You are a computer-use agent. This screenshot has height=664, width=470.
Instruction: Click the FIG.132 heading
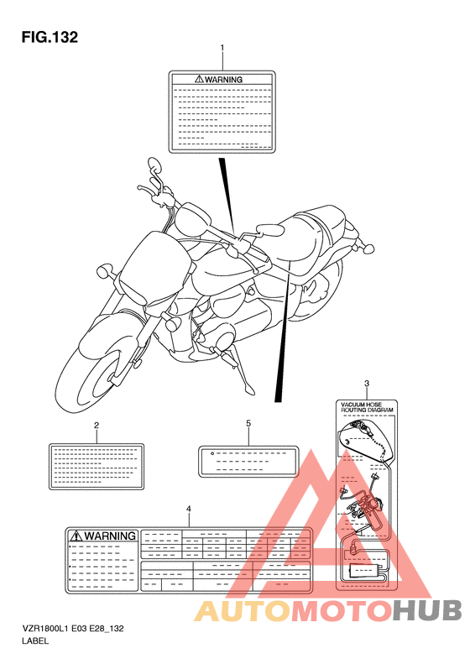(50, 37)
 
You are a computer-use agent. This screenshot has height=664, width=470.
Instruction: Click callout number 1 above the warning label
(222, 48)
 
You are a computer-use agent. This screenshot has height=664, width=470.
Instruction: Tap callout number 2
(97, 425)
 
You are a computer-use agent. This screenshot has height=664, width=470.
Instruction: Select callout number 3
(367, 384)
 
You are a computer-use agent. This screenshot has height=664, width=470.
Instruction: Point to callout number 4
(189, 509)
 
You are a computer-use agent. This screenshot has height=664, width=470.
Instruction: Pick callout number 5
(248, 423)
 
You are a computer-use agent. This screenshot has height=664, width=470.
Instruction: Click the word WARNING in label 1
(223, 79)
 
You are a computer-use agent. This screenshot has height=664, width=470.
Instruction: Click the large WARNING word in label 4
(110, 536)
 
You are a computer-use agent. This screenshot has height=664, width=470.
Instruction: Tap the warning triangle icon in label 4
(76, 536)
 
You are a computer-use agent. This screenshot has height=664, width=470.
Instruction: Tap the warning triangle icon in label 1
(199, 79)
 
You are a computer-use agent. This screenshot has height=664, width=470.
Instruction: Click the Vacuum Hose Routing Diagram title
(367, 407)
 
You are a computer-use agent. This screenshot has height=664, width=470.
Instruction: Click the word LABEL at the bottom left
(35, 640)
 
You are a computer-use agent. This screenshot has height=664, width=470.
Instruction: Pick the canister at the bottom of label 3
(363, 572)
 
